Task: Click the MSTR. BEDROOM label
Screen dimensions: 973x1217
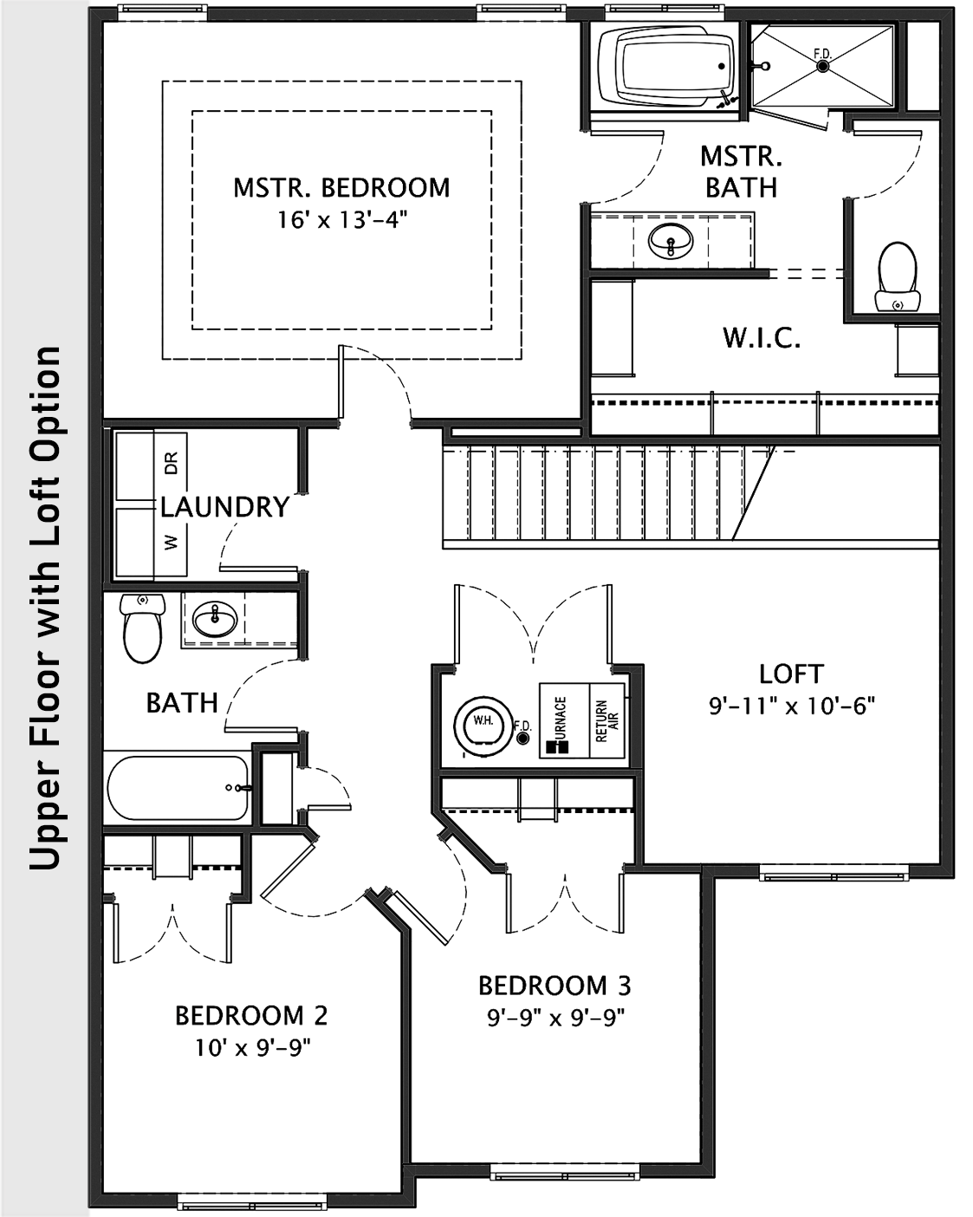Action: tap(341, 187)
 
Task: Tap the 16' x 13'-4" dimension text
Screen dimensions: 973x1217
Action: tap(341, 220)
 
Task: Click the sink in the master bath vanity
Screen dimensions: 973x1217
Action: tap(670, 240)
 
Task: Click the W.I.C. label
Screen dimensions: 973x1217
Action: tap(762, 338)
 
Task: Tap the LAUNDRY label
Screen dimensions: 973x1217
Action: tap(224, 507)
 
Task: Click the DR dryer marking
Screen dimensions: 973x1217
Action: tap(171, 463)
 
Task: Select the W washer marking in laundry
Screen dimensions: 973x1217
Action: tap(171, 543)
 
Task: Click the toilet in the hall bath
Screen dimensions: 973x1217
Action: tap(142, 628)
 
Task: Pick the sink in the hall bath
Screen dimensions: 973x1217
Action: tap(214, 620)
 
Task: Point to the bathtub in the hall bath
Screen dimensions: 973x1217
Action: tap(178, 788)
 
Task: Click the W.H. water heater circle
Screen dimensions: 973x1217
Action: tap(482, 721)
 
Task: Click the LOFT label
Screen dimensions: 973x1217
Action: tap(790, 674)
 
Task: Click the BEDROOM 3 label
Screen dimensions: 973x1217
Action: tap(555, 986)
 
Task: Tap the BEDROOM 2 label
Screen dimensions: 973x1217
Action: tap(251, 1015)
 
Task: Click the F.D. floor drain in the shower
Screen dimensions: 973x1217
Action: tap(822, 66)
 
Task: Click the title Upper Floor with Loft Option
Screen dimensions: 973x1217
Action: tap(45, 608)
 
